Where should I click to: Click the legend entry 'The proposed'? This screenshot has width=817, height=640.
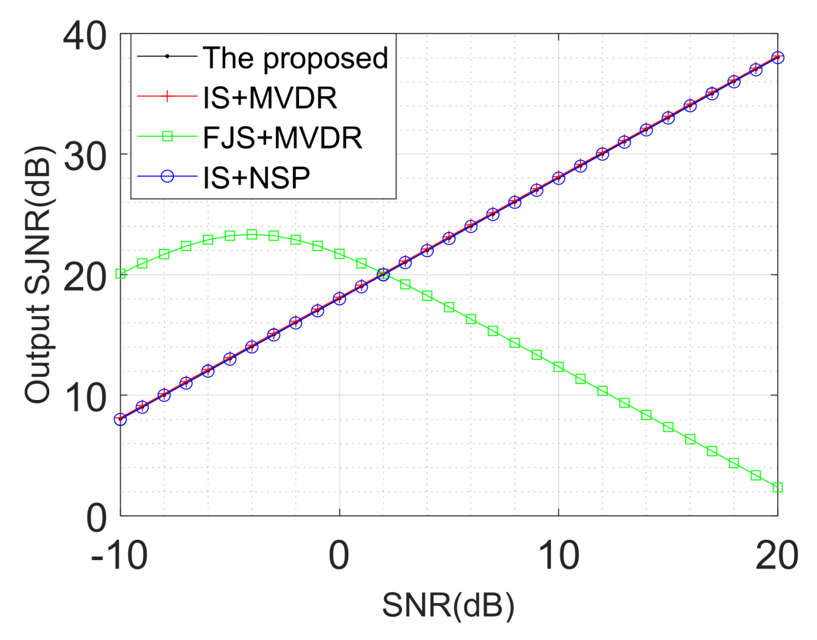pos(295,58)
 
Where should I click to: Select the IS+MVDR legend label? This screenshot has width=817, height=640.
pos(270,97)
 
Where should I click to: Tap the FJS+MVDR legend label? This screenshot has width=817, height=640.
pos(282,137)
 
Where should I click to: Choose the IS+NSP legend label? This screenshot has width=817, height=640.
pos(256,177)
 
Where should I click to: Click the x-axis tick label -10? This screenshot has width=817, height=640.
pos(119,556)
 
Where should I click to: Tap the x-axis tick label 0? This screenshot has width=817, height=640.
pos(339,556)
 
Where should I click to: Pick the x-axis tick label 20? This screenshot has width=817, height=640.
pos(777,556)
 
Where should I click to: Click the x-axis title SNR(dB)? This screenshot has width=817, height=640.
pos(448,605)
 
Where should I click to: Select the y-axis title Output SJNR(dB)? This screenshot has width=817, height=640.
pos(38,275)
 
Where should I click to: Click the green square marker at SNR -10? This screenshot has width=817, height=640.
pos(121,273)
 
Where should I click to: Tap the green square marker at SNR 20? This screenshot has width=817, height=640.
pos(778,487)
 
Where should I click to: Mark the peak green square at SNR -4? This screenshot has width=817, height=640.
pos(252,235)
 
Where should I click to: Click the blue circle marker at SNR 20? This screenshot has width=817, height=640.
pos(778,57)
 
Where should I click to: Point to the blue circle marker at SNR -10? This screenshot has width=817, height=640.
pos(121,419)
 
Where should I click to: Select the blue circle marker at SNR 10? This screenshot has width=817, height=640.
pos(559,178)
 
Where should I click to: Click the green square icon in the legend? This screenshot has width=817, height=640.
pos(167,137)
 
